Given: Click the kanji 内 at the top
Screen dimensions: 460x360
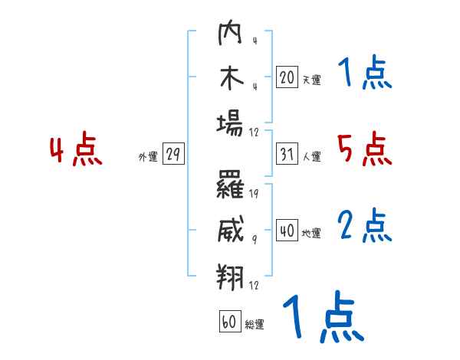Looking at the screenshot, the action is pos(230,32).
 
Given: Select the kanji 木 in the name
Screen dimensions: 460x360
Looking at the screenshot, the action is pos(232,78).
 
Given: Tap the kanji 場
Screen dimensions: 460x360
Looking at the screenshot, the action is pos(230,125).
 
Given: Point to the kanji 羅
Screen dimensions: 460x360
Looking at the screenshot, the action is pos(230,185).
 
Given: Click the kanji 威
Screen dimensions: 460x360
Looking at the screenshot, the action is pos(231,229).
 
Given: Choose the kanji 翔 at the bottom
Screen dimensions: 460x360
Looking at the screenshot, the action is pos(230,277).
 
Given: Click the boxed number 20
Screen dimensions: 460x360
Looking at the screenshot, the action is pos(287,77).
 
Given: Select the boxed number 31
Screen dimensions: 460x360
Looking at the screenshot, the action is pos(287,154).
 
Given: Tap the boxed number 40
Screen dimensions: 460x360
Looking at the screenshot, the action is pos(287,231).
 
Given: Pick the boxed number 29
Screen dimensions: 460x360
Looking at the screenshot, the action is pos(173,153).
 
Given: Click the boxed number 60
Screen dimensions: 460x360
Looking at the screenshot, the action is pos(230,321).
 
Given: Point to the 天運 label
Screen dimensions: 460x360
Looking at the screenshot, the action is pos(311,80).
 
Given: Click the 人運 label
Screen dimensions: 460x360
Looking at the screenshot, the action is pos(312,156).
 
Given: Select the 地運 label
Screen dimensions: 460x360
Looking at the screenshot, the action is pos(311,234).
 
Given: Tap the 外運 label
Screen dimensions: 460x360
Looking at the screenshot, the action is pos(148,156).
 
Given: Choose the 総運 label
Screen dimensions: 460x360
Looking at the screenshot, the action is pos(255,325).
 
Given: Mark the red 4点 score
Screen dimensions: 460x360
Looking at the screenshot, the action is pos(76,149).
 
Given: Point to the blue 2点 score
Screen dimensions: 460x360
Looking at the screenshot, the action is pos(365,225).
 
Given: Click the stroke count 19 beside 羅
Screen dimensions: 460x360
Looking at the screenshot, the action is pos(254,194).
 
